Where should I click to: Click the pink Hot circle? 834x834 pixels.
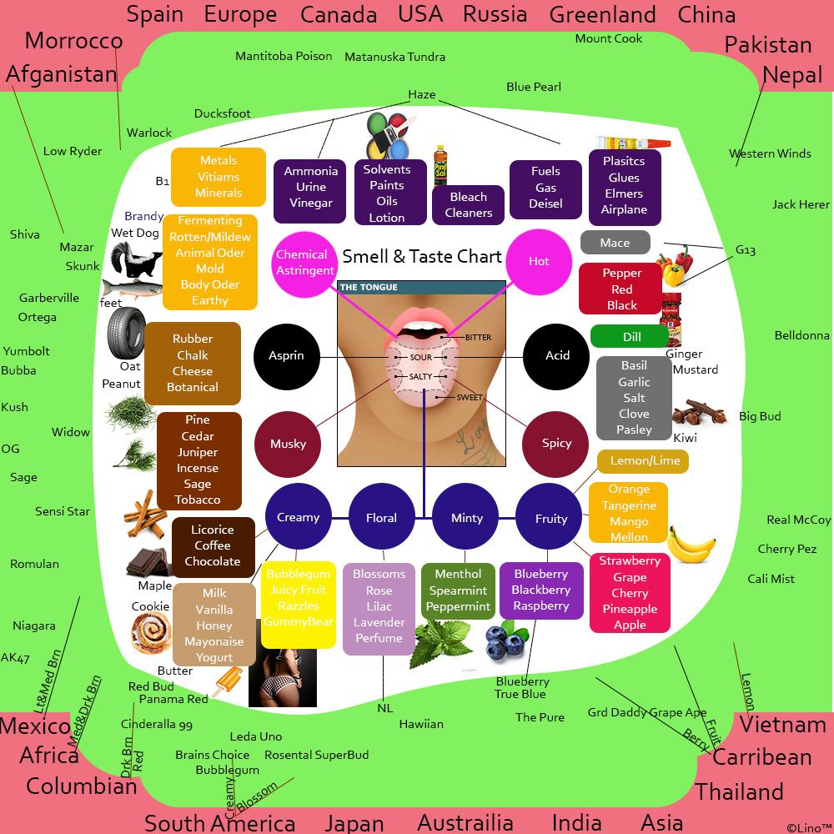pos(539,262)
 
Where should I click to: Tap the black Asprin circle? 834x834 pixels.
pos(287,356)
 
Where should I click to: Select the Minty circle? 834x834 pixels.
pos(466,517)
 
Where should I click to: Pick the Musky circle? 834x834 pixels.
pos(288,445)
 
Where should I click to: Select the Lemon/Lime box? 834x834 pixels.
pos(642,461)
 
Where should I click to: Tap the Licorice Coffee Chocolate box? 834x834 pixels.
pos(214,547)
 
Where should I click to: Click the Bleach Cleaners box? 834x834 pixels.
pos(468,205)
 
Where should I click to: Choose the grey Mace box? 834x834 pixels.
pos(615,243)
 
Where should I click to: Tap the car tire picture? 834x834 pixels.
pos(126,334)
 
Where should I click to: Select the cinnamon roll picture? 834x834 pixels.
pos(151,633)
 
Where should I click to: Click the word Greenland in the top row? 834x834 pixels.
pos(603,14)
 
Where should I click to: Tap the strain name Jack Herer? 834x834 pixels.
pos(801,204)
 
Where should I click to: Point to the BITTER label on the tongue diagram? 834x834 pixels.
pos(478,337)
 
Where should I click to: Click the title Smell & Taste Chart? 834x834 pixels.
pos(422,256)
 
